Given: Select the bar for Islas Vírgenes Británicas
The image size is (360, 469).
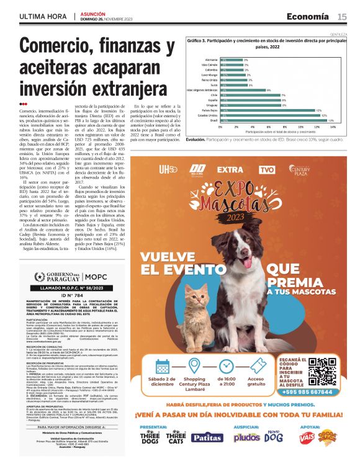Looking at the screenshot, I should pos(242,90).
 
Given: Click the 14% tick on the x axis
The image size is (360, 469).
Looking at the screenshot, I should pos(333,127).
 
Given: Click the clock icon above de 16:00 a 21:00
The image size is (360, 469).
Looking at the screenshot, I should pos(227,348).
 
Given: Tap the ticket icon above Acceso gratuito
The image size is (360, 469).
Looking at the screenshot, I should pos(256,348).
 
